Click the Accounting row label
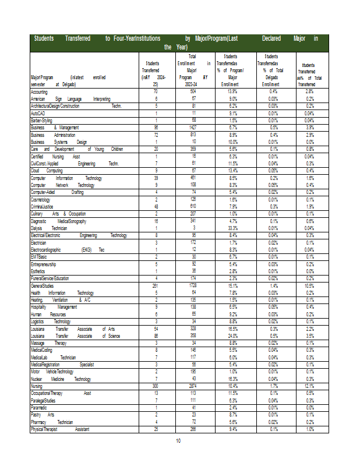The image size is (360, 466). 39,91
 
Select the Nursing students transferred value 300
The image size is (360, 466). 156,386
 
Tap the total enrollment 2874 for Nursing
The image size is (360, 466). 193,386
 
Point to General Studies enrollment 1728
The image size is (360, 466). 193,286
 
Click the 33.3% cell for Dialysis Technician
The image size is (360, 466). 232,228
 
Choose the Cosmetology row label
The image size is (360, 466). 40,199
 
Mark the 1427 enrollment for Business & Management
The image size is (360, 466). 193,127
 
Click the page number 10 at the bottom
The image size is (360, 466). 179,440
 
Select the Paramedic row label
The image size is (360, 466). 40,407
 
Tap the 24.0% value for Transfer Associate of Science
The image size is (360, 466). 232,336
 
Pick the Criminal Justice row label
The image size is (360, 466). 43,206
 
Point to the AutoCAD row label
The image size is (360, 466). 38,113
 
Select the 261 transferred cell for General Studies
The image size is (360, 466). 156,286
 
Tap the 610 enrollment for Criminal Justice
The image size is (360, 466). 193,206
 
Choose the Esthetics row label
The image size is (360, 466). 39,271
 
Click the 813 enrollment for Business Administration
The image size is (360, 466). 193,135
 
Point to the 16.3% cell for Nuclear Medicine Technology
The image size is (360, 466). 232,379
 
